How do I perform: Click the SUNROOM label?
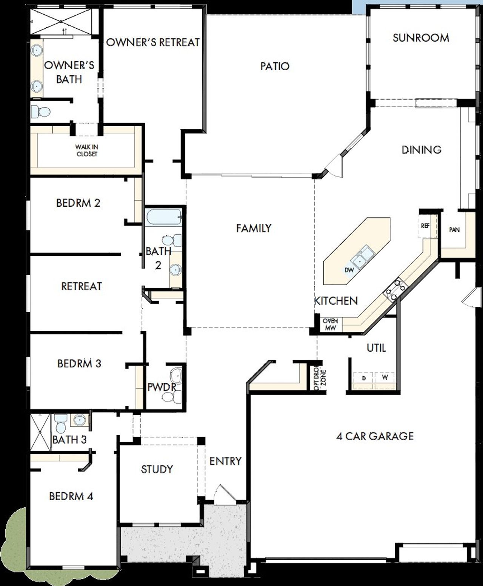421,38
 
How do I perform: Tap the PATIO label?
275,66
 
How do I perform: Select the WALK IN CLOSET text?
86,150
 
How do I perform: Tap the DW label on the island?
349,270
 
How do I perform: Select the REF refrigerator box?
425,226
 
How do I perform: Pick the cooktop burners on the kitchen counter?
394,289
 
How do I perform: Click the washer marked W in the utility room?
385,377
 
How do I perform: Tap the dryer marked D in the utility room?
363,377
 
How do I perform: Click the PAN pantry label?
454,229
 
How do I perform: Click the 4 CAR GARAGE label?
375,436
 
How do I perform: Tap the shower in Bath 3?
40,433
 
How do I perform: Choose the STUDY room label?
157,469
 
